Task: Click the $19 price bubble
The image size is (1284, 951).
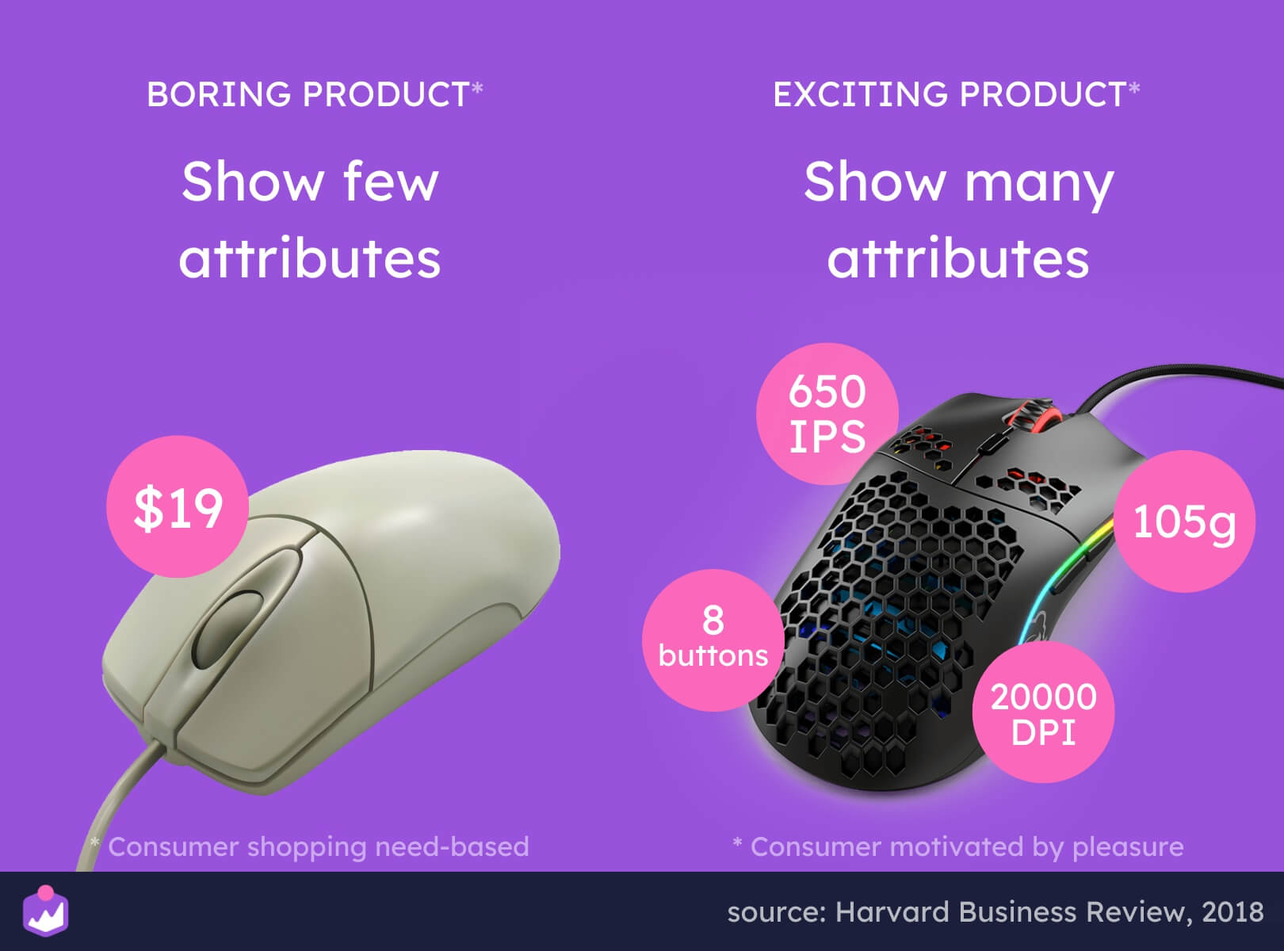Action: point(178,506)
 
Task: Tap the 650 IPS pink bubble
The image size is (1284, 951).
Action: point(827,414)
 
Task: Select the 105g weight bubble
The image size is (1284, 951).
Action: point(1184,521)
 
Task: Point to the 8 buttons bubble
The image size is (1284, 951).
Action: point(713,640)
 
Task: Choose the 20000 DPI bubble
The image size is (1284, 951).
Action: point(1043,712)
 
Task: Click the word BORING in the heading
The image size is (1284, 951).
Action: point(218,94)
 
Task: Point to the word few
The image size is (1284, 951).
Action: point(392,181)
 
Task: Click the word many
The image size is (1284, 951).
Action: point(1038,185)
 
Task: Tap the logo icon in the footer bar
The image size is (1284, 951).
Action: point(46,911)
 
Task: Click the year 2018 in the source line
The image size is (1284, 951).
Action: point(1232,912)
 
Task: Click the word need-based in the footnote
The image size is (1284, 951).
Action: point(452,847)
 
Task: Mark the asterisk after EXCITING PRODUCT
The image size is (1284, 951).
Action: point(1134,88)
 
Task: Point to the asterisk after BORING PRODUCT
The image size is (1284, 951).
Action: point(477,88)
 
